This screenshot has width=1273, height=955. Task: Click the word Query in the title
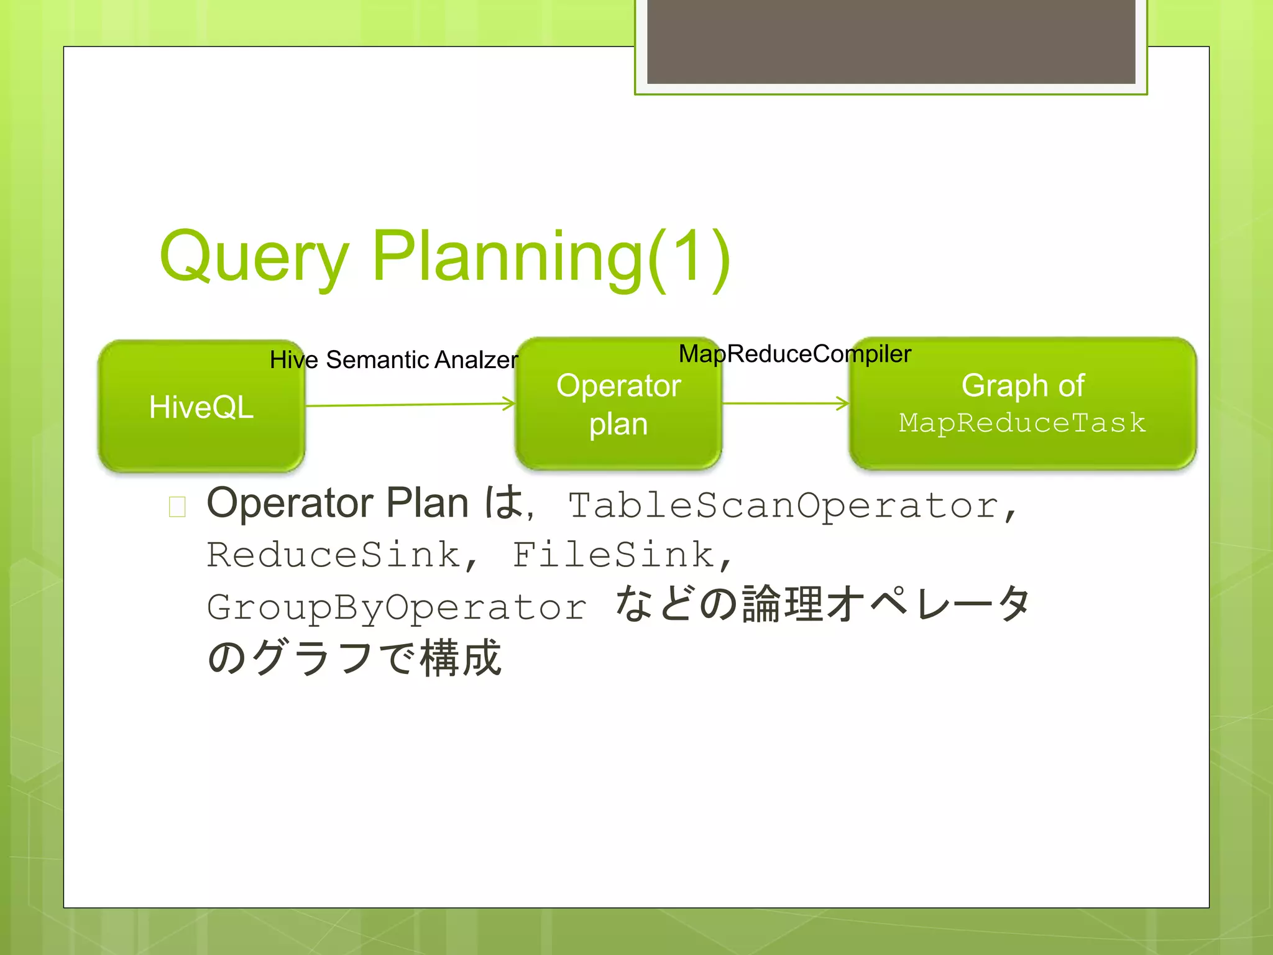(x=254, y=256)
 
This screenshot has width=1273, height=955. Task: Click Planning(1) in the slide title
(x=551, y=256)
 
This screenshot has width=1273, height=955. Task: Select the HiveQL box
(x=201, y=405)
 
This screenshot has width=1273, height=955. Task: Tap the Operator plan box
(x=618, y=404)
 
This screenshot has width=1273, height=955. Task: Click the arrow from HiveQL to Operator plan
(x=410, y=405)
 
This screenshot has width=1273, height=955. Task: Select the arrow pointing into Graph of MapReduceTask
(x=786, y=404)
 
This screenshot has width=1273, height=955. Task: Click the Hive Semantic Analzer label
(x=393, y=359)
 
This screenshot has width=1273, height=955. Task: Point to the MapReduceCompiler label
(x=794, y=354)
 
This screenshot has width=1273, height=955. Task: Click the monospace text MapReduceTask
(x=1022, y=423)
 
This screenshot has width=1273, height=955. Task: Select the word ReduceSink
(x=333, y=555)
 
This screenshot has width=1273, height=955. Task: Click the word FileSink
(x=613, y=555)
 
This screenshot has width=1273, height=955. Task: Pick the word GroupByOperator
(x=397, y=607)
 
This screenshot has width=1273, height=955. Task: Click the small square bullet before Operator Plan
(x=177, y=507)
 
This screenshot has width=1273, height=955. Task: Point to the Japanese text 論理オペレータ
(x=886, y=604)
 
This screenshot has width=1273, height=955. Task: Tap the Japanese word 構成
(x=461, y=658)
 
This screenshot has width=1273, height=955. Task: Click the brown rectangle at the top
(x=891, y=41)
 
